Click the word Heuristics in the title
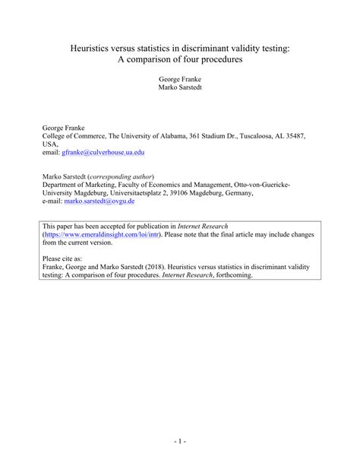[x=92, y=48]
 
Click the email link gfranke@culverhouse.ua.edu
[x=103, y=152]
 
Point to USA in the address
[x=50, y=143]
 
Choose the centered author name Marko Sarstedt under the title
[x=180, y=87]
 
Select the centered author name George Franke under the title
[x=180, y=78]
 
